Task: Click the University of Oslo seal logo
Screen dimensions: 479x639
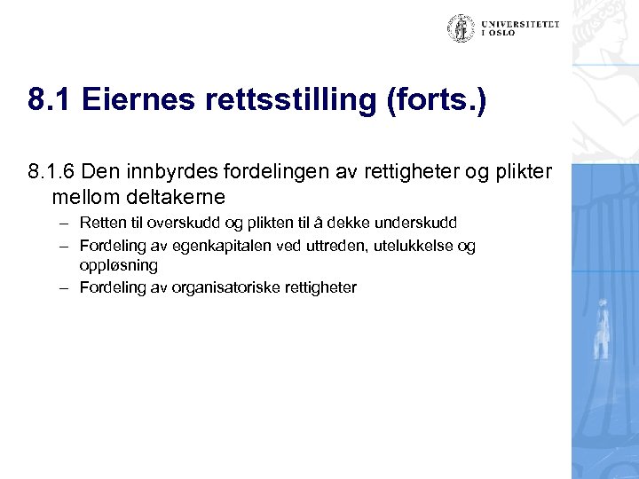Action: [461, 28]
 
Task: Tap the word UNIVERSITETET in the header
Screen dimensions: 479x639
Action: [520, 25]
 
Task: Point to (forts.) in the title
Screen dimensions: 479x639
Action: [437, 101]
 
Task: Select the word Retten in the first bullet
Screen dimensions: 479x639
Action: [100, 222]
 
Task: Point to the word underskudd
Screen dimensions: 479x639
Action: [414, 222]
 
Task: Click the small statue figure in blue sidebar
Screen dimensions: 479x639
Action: [603, 329]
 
